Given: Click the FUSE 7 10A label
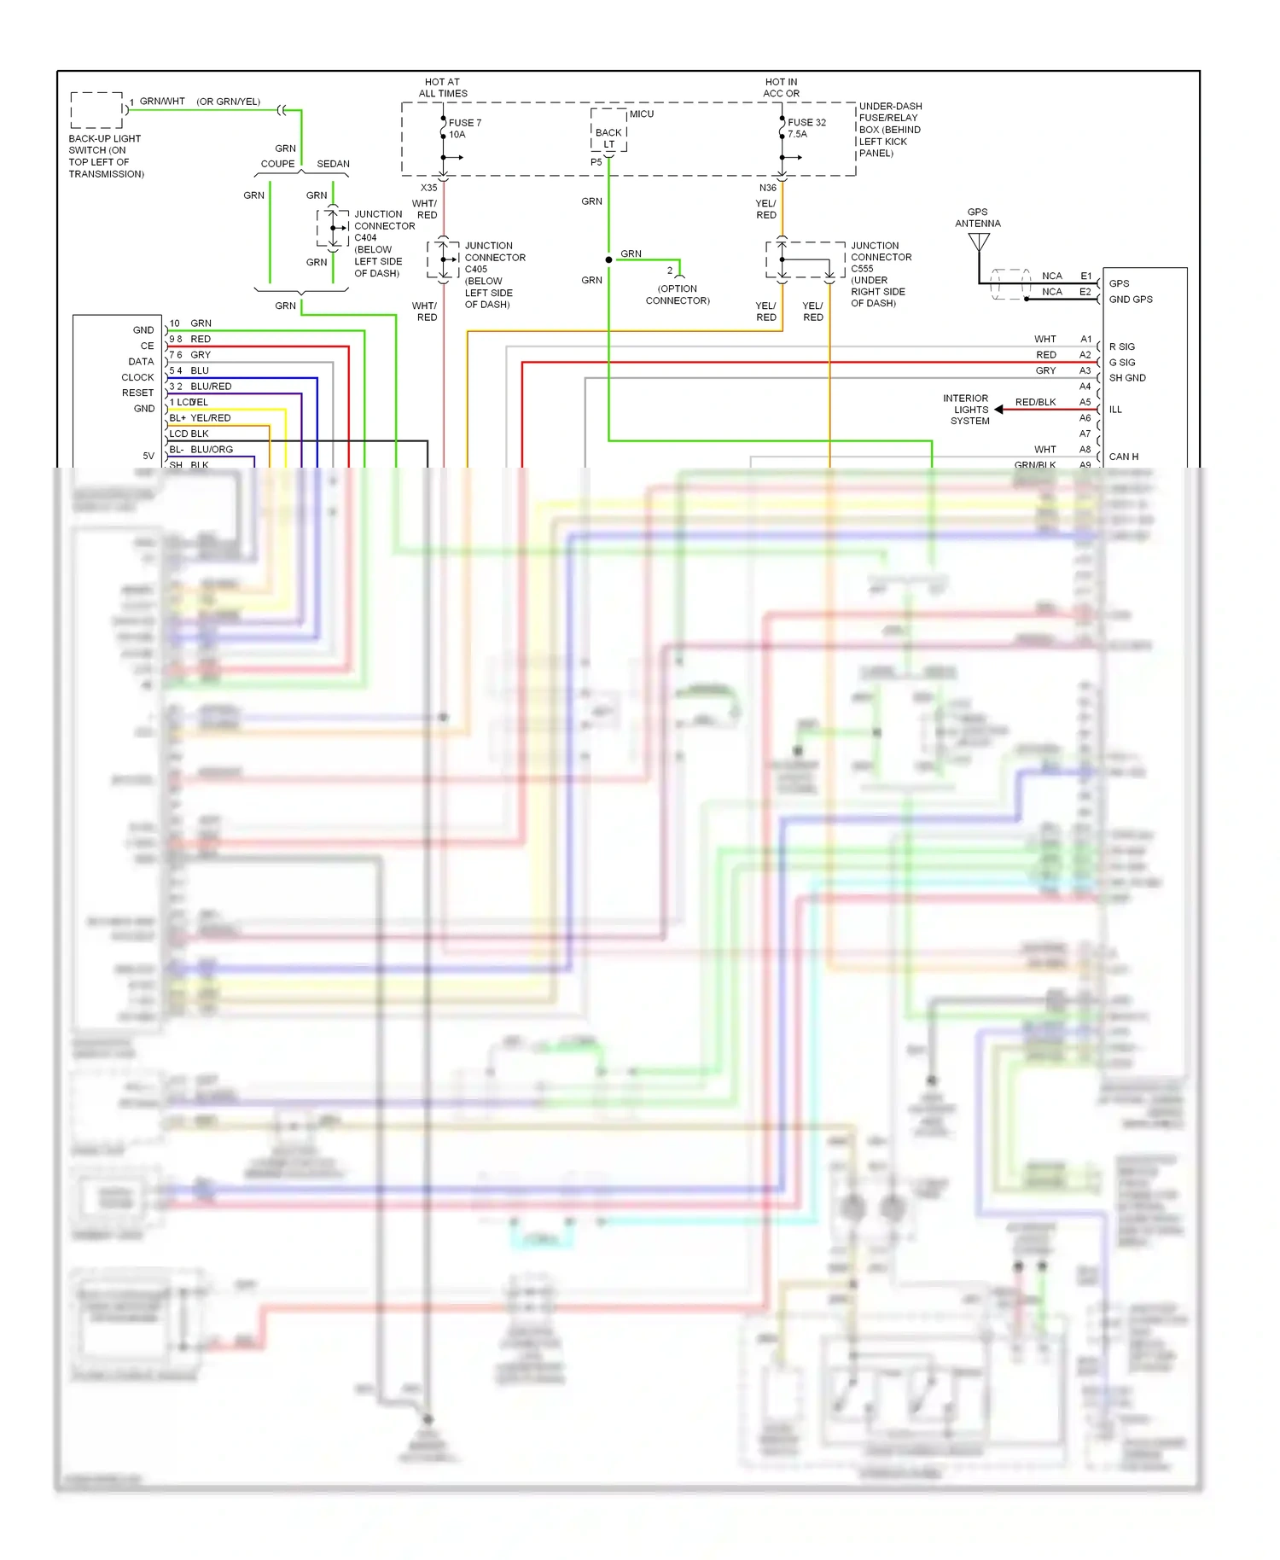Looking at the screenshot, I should [x=464, y=129].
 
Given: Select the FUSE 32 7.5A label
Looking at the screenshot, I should [x=806, y=128].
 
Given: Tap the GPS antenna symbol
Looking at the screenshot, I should [x=979, y=242].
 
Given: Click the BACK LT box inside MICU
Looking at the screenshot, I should [x=608, y=138].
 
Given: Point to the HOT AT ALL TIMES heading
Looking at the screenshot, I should [x=442, y=88].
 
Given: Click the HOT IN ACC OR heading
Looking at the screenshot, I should [x=781, y=88].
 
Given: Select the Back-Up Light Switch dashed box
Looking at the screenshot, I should [x=96, y=110].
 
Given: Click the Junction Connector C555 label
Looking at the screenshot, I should [x=880, y=274].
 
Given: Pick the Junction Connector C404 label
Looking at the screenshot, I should [x=384, y=244].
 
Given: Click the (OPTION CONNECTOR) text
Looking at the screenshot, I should [x=678, y=294].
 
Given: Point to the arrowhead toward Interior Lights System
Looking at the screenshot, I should [x=998, y=410].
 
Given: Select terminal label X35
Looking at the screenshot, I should [x=428, y=188].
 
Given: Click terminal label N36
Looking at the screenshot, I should [x=767, y=188].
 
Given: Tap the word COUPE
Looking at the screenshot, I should [x=277, y=164].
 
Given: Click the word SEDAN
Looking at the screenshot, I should [x=333, y=164].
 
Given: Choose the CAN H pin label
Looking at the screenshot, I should [x=1123, y=457].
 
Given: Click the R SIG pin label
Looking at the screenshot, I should [x=1121, y=346].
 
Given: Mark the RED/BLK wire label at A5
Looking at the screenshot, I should [x=1035, y=402].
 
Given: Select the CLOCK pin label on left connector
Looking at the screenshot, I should [x=137, y=377].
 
